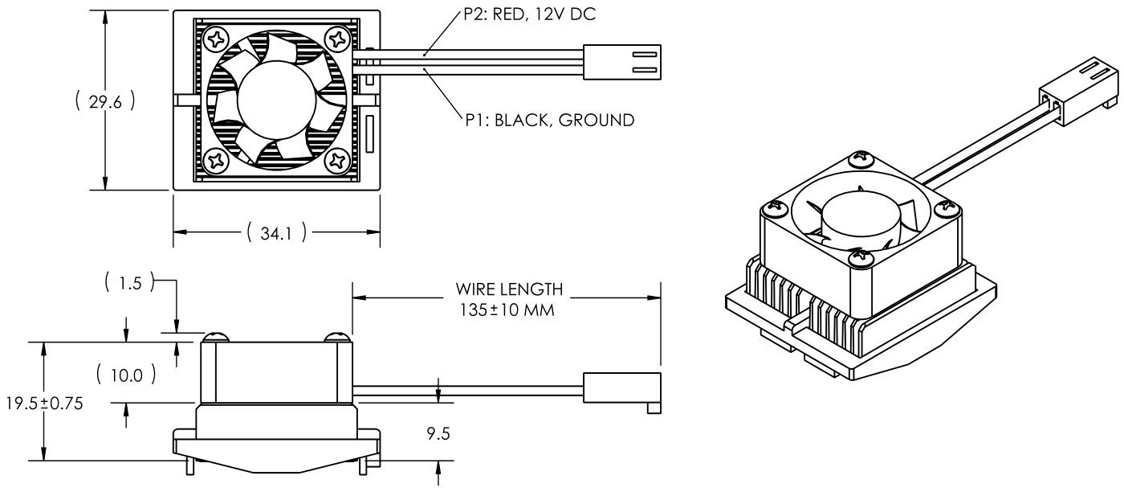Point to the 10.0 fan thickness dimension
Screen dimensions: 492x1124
pyautogui.click(x=124, y=374)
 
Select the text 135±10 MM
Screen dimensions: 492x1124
pyautogui.click(x=505, y=309)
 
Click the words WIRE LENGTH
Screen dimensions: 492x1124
pyautogui.click(x=505, y=289)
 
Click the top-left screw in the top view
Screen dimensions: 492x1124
pyautogui.click(x=217, y=38)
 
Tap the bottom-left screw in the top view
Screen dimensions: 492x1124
pyautogui.click(x=217, y=161)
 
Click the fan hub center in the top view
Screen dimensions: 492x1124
pyautogui.click(x=277, y=100)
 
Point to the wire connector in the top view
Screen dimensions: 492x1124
pyautogui.click(x=621, y=63)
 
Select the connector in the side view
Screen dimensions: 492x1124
pyautogui.click(x=621, y=388)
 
